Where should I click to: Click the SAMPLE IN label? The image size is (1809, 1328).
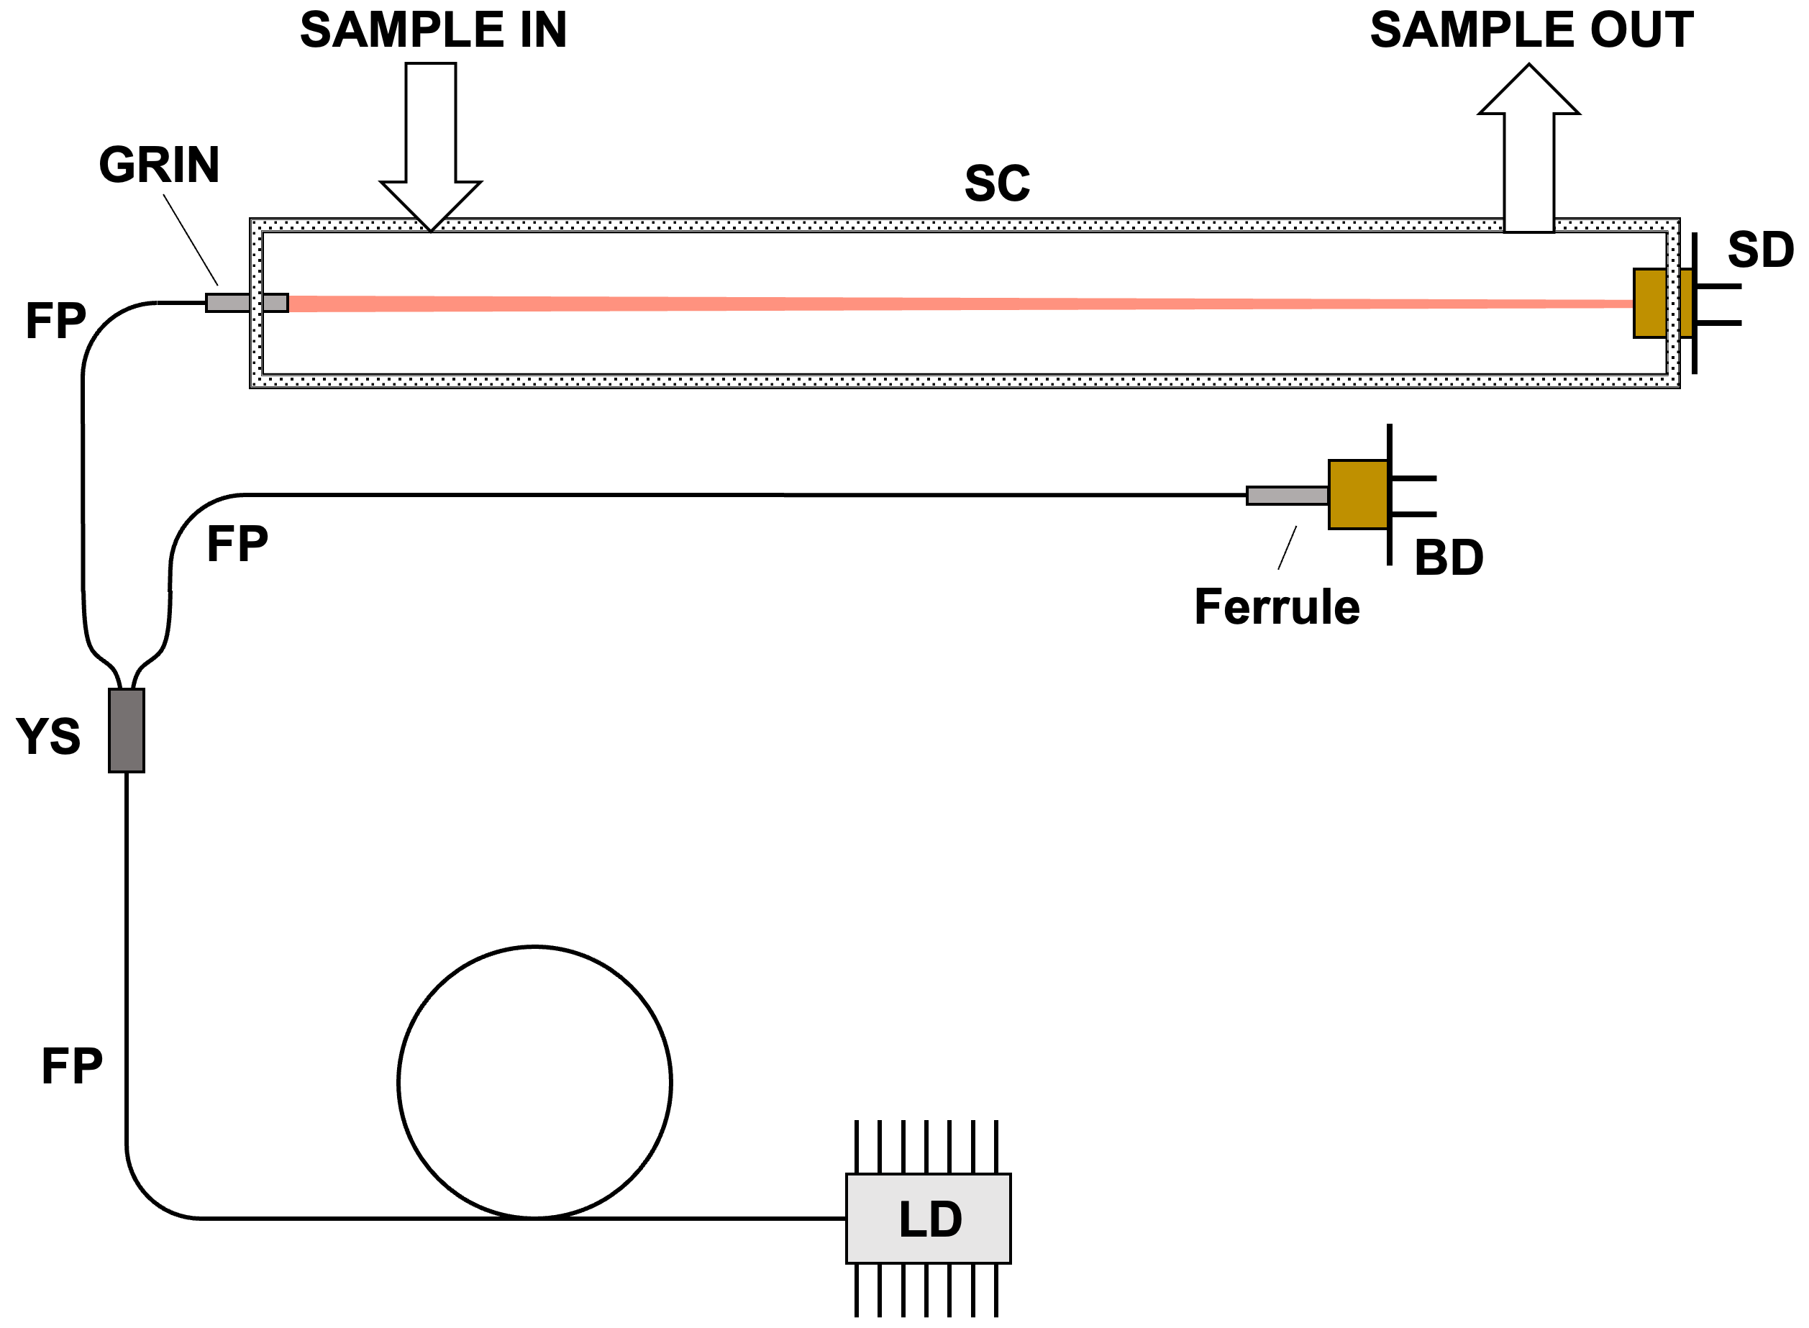433,30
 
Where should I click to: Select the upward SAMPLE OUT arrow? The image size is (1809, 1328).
1528,153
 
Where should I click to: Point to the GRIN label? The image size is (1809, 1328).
159,165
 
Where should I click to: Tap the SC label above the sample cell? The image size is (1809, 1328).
996,183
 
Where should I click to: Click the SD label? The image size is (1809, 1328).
1760,250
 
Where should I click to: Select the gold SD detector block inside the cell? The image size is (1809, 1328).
1650,303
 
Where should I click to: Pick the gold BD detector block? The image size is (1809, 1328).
1357,494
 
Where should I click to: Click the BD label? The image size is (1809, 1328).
1448,558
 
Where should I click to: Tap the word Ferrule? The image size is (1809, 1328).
1277,607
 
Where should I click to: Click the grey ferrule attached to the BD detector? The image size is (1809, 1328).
1287,495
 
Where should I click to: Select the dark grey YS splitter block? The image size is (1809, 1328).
126,730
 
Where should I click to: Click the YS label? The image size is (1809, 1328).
48,737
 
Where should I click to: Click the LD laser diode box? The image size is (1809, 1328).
928,1218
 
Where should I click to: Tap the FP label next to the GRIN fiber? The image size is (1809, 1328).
55,321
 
